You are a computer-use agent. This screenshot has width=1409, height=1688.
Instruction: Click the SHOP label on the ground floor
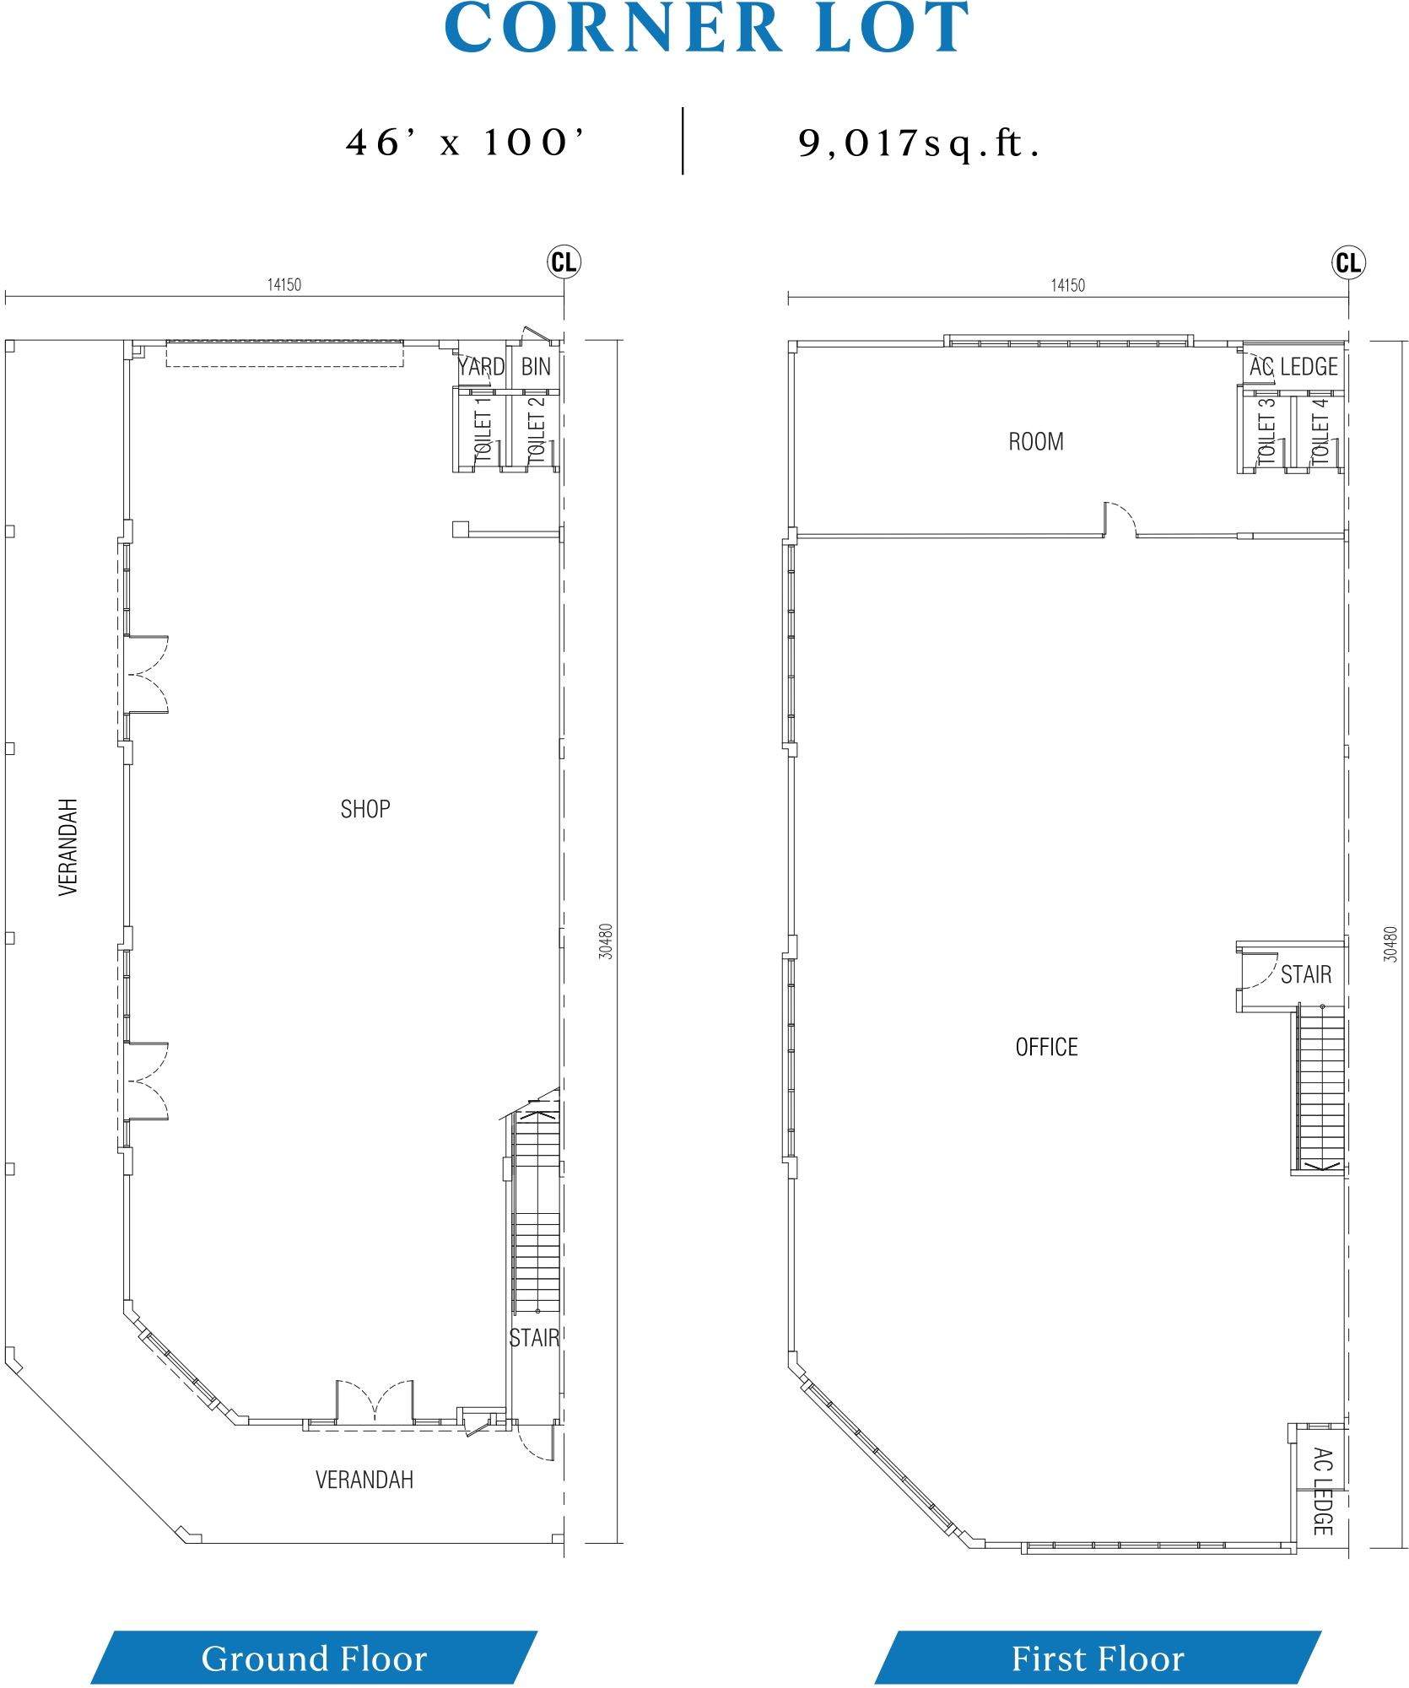pos(365,809)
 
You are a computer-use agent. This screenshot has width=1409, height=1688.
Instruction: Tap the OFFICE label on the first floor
pos(1046,1047)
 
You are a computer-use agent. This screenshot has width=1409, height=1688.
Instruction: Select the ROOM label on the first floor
pos(1036,441)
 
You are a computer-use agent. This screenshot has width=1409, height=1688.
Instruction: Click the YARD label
pos(481,367)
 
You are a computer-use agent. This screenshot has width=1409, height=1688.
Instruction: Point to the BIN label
pos(536,367)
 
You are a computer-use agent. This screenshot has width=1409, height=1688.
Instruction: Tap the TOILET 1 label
pos(483,428)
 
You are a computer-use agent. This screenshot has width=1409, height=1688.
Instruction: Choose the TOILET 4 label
pos(1320,430)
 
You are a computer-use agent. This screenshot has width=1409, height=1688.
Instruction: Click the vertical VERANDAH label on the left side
pos(67,847)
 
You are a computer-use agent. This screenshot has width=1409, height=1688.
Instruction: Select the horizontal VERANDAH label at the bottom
pos(364,1480)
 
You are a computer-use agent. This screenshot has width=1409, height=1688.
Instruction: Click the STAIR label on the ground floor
pos(534,1338)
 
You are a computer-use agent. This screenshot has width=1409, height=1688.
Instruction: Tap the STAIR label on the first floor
pos(1306,974)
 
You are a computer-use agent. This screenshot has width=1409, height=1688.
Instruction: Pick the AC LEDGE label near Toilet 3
pos(1293,367)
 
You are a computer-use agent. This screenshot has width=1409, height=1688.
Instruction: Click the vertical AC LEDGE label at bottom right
pos(1322,1491)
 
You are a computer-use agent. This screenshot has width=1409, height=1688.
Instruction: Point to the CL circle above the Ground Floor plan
pos(564,262)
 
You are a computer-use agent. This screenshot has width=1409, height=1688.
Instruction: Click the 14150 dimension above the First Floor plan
pos(1067,285)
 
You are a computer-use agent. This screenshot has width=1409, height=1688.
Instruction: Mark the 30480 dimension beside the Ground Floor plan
pos(605,941)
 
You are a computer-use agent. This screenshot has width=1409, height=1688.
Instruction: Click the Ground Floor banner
pos(314,1658)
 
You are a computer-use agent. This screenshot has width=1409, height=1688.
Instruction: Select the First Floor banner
pos(1098,1658)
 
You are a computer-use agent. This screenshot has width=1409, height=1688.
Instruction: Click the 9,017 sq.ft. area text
pos(919,143)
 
